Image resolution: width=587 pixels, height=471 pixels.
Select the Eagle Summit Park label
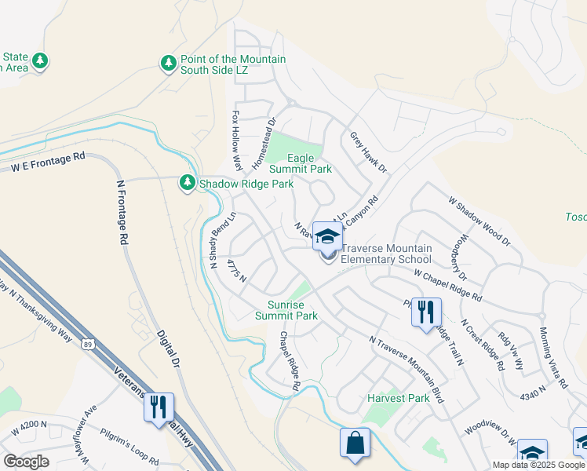[x=300, y=163]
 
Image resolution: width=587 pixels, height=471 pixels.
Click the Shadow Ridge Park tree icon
[x=187, y=183]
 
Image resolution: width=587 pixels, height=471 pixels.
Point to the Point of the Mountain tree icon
[x=168, y=63]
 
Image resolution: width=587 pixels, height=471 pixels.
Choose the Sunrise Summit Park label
[x=286, y=310]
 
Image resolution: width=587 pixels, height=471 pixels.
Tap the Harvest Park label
[x=398, y=398]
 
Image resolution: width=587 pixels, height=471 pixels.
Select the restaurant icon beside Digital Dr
[x=160, y=407]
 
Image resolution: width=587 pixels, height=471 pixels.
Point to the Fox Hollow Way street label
[x=235, y=140]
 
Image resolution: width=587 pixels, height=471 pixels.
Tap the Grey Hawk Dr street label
[x=369, y=152]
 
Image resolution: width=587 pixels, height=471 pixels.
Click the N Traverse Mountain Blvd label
[x=407, y=370]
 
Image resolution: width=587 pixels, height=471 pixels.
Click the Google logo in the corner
[x=26, y=462]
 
